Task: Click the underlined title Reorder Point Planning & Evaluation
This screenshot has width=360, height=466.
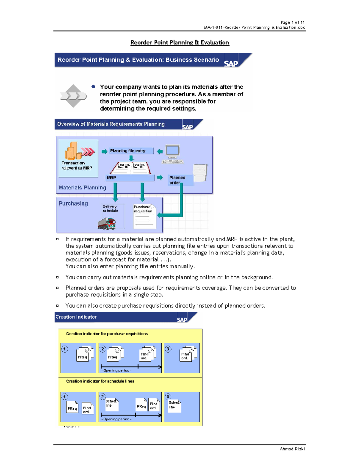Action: pyautogui.click(x=180, y=43)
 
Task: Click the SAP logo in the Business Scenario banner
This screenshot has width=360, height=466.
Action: pyautogui.click(x=231, y=63)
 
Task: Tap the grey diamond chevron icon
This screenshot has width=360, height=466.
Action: pyautogui.click(x=73, y=96)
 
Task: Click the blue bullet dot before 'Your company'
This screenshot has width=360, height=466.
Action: pyautogui.click(x=93, y=87)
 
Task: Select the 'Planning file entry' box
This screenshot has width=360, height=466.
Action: pyautogui.click(x=131, y=151)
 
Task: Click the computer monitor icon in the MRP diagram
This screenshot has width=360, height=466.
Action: pyautogui.click(x=172, y=152)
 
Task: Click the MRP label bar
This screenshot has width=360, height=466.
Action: pyautogui.click(x=130, y=178)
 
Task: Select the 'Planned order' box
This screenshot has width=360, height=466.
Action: pyautogui.click(x=180, y=180)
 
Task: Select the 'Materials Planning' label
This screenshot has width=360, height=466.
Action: pyautogui.click(x=82, y=188)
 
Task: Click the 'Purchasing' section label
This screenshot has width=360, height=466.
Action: pyautogui.click(x=73, y=203)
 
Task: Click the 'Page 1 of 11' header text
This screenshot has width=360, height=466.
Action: pyautogui.click(x=292, y=22)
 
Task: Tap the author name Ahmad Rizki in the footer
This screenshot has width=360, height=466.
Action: pyautogui.click(x=292, y=449)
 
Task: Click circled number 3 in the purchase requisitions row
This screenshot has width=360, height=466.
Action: pyautogui.click(x=168, y=349)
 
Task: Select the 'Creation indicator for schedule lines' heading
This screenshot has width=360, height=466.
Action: pyautogui.click(x=100, y=381)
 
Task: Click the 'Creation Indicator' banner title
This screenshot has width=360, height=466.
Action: pyautogui.click(x=76, y=317)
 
